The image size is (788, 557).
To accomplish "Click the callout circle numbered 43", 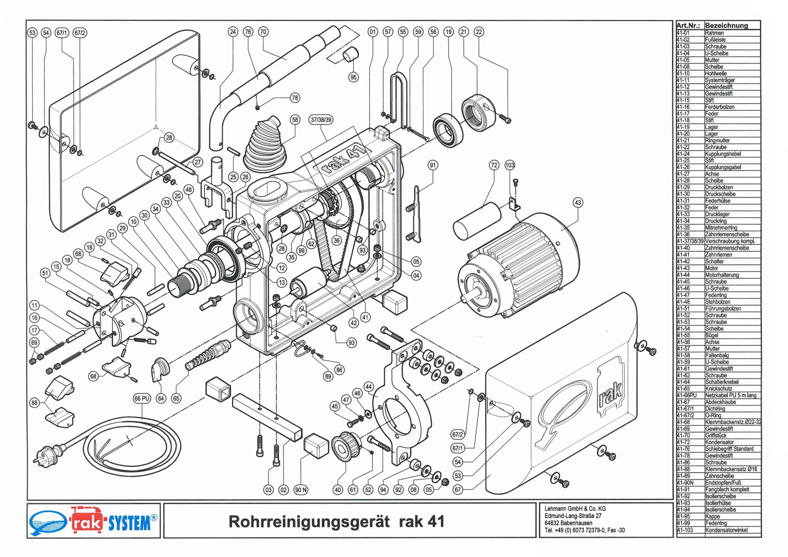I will (x=578, y=202).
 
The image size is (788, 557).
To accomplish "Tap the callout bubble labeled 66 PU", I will (x=142, y=399).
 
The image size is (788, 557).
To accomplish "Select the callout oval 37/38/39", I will (x=322, y=120).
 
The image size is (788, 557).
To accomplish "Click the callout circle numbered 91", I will (x=433, y=166).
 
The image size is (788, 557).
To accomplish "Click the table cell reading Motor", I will (x=711, y=268).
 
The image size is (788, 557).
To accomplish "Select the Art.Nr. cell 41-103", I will (x=685, y=530).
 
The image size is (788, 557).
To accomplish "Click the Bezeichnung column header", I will (x=726, y=26).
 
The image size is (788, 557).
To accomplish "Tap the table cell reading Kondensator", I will (x=719, y=443).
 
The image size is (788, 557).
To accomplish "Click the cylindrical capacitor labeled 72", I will (x=477, y=221).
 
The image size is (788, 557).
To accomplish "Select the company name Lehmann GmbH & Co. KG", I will (x=575, y=509).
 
